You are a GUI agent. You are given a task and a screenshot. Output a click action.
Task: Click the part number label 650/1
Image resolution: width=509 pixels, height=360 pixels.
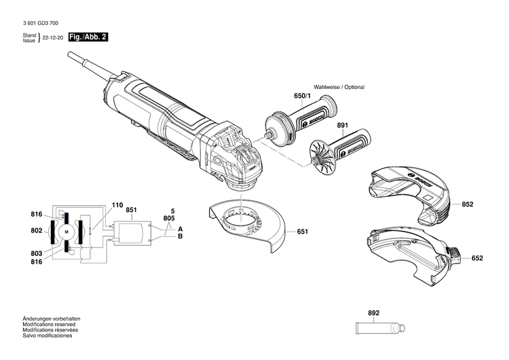(x=302, y=97)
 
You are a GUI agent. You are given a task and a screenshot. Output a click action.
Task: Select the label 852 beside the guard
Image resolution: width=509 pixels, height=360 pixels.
(x=468, y=204)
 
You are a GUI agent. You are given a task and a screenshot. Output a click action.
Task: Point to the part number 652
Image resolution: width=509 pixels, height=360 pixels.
(x=477, y=258)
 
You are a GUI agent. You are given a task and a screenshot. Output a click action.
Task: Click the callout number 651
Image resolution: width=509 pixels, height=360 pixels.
(x=303, y=232)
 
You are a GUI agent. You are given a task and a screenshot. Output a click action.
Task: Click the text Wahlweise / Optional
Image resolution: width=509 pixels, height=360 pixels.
(x=339, y=88)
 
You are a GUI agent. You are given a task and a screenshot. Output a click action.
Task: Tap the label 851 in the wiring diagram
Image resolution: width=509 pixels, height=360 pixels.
(x=131, y=210)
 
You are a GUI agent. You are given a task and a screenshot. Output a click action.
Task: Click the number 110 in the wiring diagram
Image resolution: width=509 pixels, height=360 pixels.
(x=117, y=204)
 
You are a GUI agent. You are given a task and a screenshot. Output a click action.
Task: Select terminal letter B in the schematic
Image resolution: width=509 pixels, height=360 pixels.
(x=180, y=236)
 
